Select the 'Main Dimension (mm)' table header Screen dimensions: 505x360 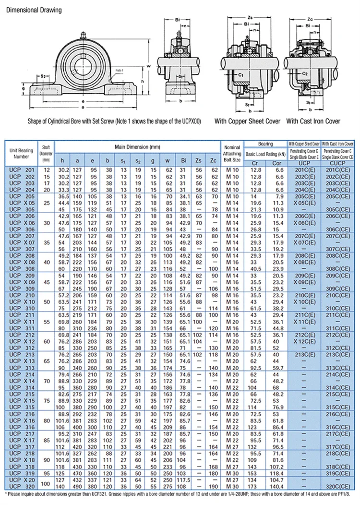137,146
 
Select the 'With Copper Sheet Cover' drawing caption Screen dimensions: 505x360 248,121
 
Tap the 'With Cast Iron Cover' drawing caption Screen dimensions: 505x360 313,121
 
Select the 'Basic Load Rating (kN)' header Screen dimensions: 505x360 265,154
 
